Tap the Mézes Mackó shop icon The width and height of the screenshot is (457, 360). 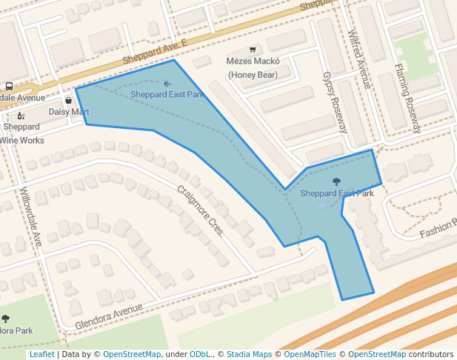tap(253, 50)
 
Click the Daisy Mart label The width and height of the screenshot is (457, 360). tap(69, 112)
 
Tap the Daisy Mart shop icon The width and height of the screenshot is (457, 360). tap(69, 100)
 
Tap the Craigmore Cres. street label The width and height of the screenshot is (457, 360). tap(200, 210)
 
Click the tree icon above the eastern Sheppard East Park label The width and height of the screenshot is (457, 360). tap(337, 181)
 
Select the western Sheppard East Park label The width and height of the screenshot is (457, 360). tap(167, 95)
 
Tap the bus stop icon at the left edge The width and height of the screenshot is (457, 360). tap(9, 86)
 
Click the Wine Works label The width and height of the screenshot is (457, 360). tap(22, 140)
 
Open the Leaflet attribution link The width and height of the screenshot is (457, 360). tap(41, 355)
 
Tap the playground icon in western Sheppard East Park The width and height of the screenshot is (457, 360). tap(167, 84)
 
